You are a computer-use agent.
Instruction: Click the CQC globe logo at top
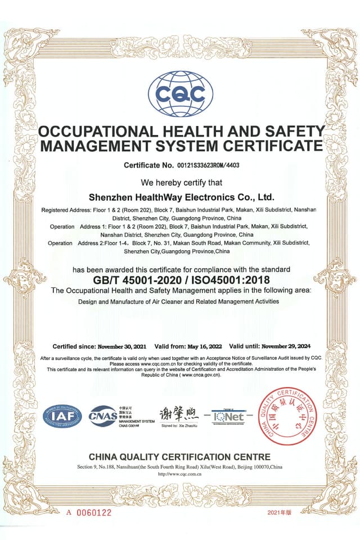pos(180,94)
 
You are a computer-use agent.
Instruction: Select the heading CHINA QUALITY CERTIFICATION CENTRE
pos(179,457)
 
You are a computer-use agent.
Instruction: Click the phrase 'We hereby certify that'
pos(181,183)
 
